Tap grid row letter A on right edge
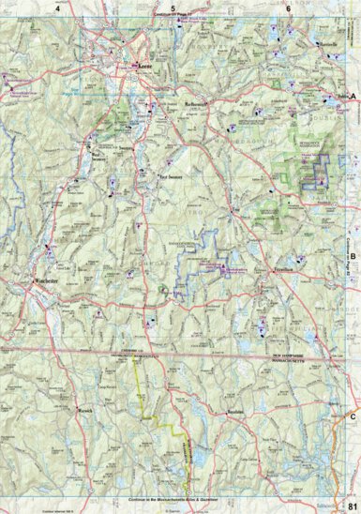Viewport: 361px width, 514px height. point(353,97)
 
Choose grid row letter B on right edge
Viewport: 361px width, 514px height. point(353,256)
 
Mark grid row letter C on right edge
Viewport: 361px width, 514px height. point(353,416)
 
